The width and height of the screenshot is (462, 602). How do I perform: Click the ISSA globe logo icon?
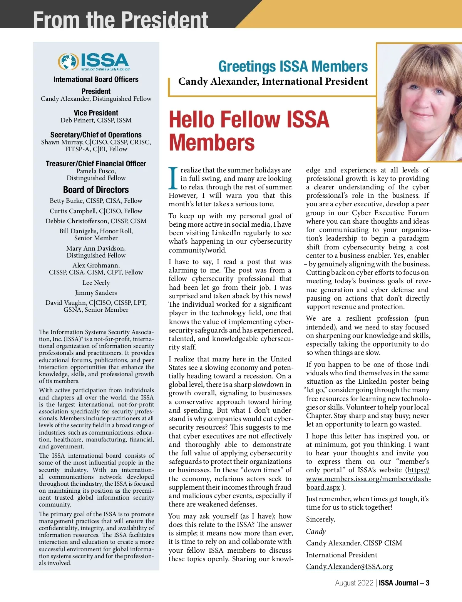pos(68,62)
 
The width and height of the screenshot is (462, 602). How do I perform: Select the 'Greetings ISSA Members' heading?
pos(293,67)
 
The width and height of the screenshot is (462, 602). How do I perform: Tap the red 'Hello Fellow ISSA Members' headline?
pos(249,130)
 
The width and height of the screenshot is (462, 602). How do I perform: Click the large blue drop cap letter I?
pos(173,178)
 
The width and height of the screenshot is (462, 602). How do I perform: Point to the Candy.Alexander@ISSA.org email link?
pos(349,567)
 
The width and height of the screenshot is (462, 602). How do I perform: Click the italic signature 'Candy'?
pos(316,532)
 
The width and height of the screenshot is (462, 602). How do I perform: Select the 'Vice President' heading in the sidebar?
pos(96,113)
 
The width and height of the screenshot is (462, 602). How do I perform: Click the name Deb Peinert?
pos(77,120)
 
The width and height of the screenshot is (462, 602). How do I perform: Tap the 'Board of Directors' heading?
pos(96,190)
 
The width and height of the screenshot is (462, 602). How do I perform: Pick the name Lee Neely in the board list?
pos(96,283)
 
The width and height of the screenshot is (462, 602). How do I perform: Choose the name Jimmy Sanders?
pos(96,293)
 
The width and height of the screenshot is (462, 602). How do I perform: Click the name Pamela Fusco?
pos(96,171)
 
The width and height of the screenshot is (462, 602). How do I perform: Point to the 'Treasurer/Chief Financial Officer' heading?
pos(96,164)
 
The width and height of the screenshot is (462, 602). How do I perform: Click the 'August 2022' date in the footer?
pos(354,583)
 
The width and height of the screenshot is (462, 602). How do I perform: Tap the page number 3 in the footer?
pos(427,583)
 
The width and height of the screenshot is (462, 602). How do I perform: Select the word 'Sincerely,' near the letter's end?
pos(320,519)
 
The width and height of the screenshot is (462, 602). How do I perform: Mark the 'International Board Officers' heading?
pos(96,79)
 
